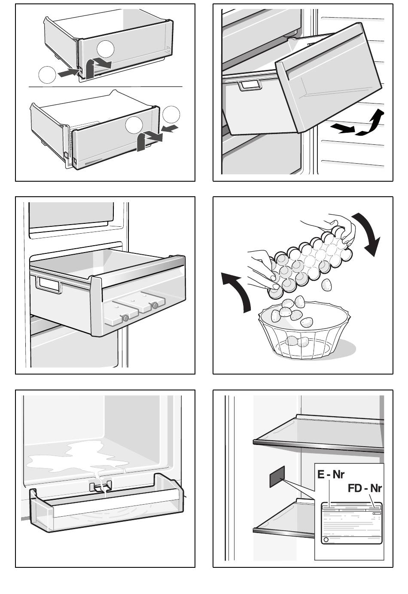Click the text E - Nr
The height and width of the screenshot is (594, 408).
331,475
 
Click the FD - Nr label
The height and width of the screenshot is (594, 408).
365,488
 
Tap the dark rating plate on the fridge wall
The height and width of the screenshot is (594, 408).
277,476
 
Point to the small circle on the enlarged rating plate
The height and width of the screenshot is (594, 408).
326,539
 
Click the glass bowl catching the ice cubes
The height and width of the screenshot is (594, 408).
304,330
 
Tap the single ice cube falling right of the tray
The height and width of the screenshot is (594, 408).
326,285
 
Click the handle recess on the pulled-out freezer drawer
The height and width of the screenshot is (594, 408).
49,284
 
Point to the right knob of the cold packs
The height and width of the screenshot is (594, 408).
155,305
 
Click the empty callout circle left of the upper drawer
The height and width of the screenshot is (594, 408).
47,75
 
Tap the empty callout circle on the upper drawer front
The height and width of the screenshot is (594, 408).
106,49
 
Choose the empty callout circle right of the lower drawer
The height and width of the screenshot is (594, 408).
171,115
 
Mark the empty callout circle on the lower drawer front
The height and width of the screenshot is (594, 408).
134,125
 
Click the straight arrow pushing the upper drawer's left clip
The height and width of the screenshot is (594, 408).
68,73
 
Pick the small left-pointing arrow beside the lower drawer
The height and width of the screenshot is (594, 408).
170,128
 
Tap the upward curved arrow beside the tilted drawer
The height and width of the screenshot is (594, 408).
371,123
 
